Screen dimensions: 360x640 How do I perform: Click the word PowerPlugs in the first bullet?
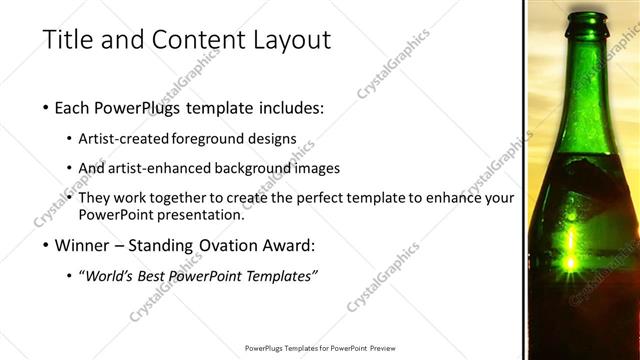point(145,107)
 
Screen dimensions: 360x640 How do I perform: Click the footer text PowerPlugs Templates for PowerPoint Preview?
point(320,348)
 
